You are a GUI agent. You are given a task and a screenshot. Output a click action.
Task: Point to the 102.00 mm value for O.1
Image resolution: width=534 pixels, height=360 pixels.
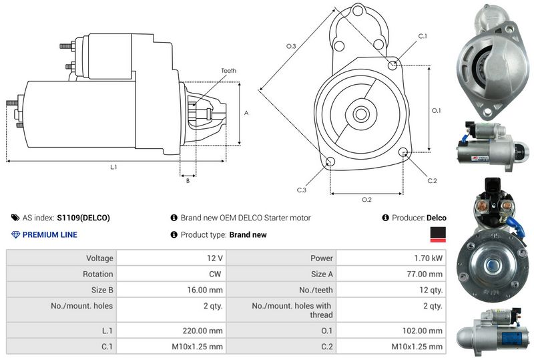(x=425, y=331)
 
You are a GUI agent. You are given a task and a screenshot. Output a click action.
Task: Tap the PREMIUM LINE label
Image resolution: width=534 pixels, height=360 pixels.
(x=49, y=235)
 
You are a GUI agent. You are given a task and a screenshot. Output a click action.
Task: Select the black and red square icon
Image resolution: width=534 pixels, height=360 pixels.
(x=438, y=234)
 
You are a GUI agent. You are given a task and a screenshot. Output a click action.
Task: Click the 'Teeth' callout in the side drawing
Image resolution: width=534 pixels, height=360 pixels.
(x=228, y=71)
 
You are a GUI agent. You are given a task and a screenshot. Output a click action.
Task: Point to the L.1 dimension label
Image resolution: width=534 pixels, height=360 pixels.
(x=113, y=167)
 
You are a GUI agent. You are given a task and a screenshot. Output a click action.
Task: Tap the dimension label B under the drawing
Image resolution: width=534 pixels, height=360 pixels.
(x=188, y=180)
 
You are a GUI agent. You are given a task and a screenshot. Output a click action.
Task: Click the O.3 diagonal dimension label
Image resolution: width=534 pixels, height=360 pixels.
(x=291, y=46)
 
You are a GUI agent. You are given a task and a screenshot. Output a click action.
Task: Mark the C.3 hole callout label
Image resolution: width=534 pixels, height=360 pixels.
(x=302, y=190)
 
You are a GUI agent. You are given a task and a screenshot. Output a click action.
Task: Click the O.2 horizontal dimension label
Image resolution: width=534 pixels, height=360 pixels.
(x=366, y=200)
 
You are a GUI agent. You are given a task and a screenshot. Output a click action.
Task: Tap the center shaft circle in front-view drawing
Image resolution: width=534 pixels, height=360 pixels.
(x=361, y=114)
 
